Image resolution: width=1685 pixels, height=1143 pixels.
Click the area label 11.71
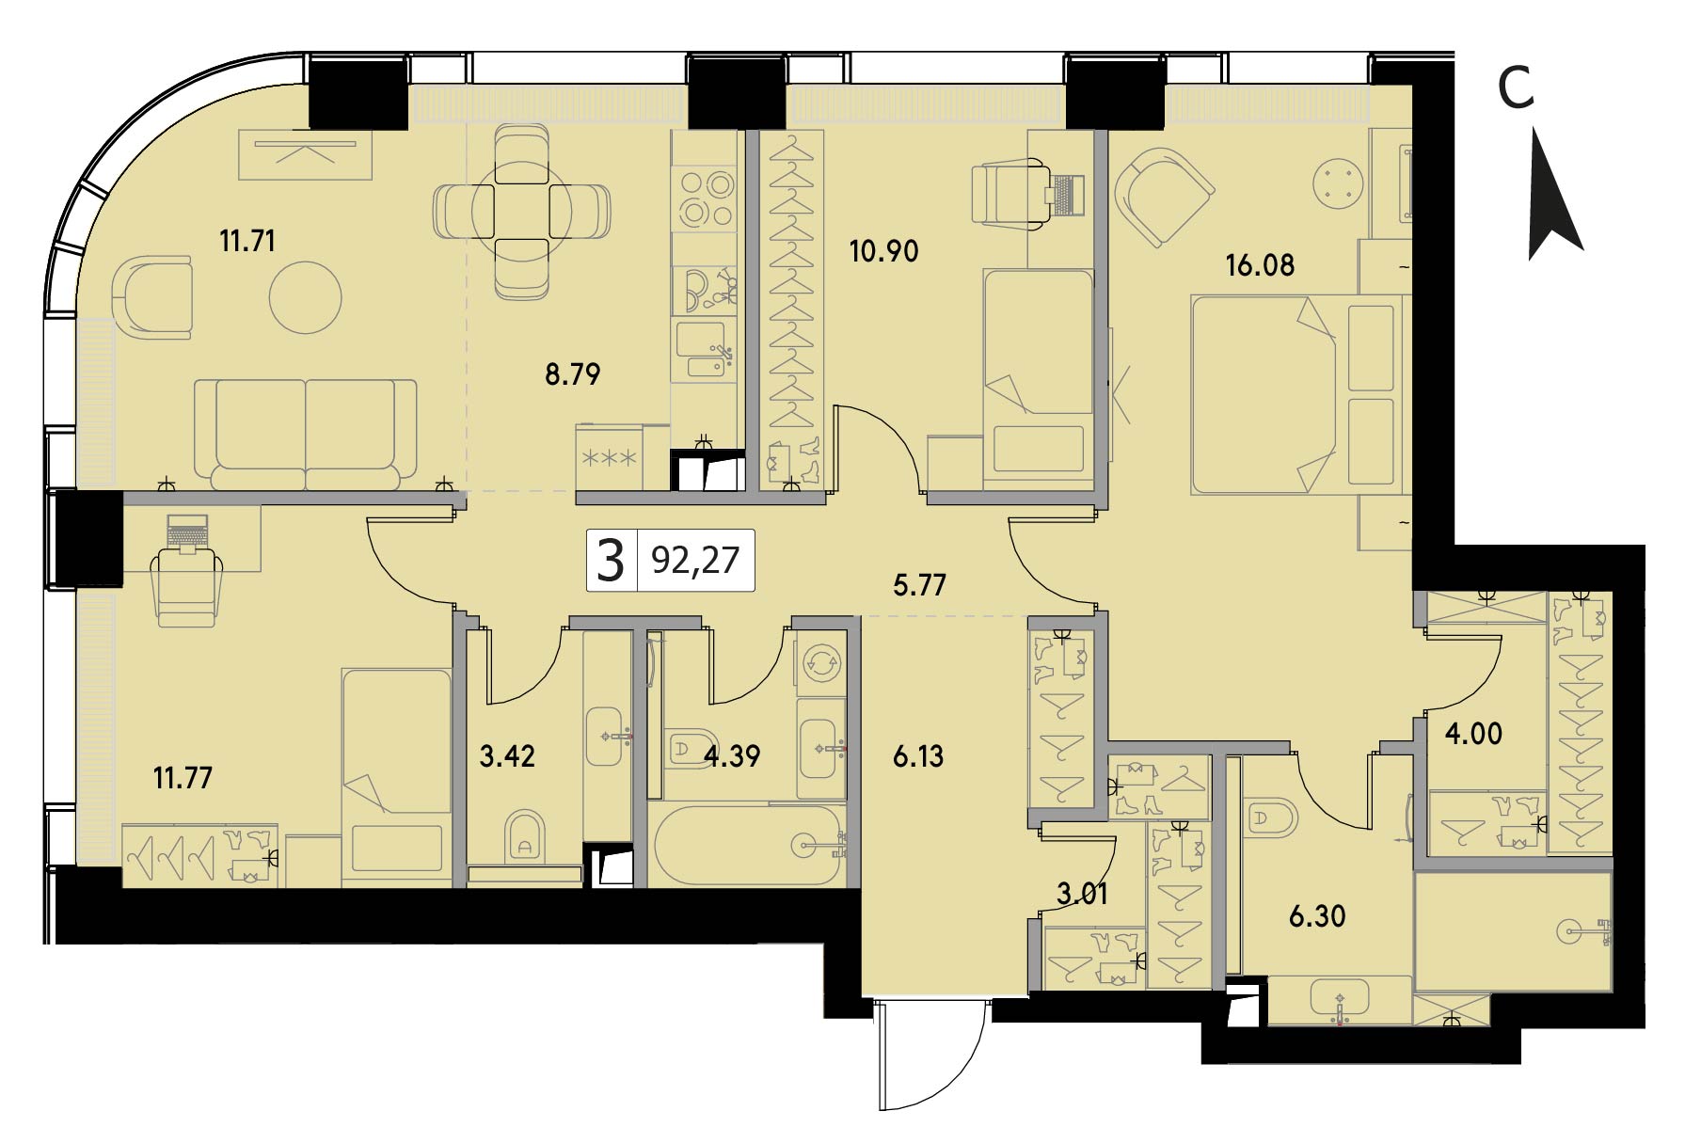click(x=247, y=242)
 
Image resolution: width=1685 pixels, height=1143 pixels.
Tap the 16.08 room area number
click(x=1260, y=265)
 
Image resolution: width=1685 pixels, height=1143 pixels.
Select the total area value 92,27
click(x=695, y=561)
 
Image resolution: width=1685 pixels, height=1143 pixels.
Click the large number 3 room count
click(x=611, y=562)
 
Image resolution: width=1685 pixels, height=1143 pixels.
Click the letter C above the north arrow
click(x=1516, y=88)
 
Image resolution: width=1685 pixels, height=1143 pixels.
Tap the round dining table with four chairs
click(x=521, y=214)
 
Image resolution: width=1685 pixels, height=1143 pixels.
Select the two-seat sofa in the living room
click(x=306, y=434)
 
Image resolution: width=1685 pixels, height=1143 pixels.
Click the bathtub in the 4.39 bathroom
click(x=749, y=845)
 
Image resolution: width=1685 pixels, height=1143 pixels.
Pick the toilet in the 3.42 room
click(x=524, y=836)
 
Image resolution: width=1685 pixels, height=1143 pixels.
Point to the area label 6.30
click(x=1317, y=916)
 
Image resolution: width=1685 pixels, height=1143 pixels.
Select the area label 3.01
click(x=1082, y=894)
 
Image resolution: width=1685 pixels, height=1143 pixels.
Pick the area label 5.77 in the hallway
click(x=920, y=586)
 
